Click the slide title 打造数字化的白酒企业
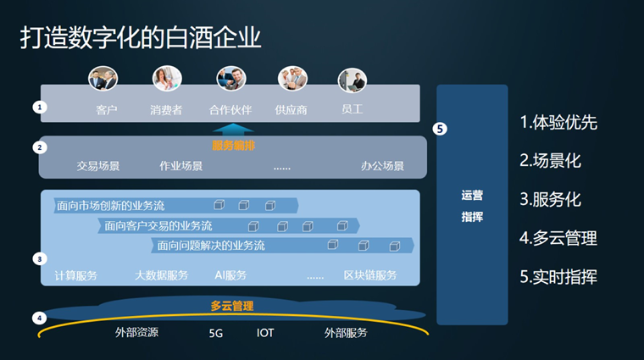coord(141,38)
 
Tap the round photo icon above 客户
coord(103,79)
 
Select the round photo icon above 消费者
coord(167,79)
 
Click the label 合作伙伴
coord(230,109)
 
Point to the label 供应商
coord(291,109)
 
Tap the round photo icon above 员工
coord(352,80)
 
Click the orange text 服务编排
coord(233,146)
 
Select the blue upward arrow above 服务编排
coord(233,130)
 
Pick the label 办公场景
coord(382,166)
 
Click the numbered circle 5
coord(439,129)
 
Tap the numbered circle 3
coord(39,258)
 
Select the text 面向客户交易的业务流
coord(158,226)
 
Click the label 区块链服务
coord(370,275)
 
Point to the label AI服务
coord(230,275)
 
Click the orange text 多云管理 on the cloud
coord(232,306)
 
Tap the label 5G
coord(215,334)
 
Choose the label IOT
coord(265,334)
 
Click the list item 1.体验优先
coord(558,122)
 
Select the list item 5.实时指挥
coord(558,277)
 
